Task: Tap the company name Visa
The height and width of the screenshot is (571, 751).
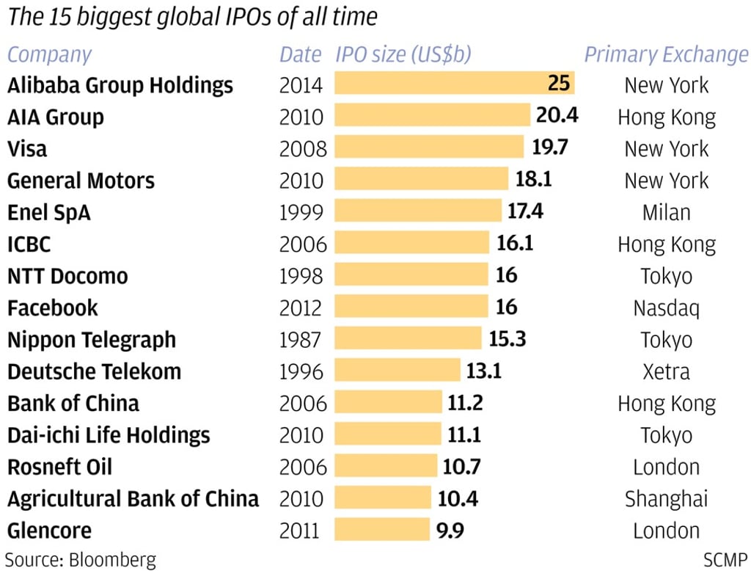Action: (27, 148)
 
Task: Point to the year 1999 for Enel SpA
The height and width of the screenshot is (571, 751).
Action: (301, 212)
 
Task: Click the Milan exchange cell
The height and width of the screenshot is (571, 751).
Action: (666, 212)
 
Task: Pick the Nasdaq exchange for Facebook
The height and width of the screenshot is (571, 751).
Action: (666, 308)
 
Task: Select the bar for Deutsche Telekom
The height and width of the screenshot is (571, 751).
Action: (397, 371)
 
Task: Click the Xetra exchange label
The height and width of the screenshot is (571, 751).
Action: (666, 371)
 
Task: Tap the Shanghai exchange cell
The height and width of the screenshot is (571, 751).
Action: (666, 498)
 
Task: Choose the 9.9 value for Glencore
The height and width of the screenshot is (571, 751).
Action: (450, 530)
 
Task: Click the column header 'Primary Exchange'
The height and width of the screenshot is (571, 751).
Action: (666, 54)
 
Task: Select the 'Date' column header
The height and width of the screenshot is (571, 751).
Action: (300, 54)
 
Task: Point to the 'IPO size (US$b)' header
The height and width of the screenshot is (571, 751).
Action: (403, 54)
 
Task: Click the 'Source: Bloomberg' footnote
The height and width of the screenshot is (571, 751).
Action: (81, 559)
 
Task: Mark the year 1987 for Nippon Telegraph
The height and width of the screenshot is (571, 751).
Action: (301, 339)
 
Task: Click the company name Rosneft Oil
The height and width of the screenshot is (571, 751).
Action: (60, 467)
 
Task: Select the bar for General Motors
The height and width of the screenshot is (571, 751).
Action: (421, 180)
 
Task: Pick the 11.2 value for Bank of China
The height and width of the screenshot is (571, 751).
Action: (465, 403)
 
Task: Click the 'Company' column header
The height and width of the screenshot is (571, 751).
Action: (49, 54)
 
